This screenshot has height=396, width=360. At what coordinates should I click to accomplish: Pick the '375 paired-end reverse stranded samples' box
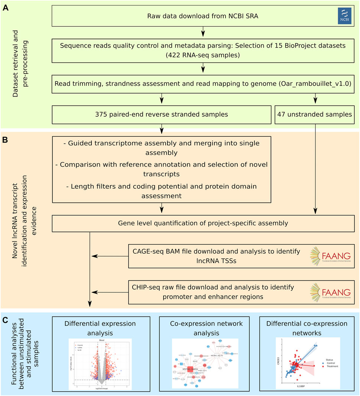pos(162,114)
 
